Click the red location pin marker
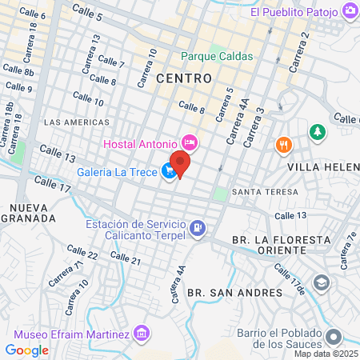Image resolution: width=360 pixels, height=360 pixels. pyautogui.click(x=181, y=164)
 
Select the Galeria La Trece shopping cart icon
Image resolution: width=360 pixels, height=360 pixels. pyautogui.click(x=168, y=171)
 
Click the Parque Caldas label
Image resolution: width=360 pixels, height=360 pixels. pyautogui.click(x=217, y=56)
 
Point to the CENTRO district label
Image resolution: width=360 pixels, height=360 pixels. pyautogui.click(x=184, y=78)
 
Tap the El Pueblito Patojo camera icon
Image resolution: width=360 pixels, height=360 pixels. pyautogui.click(x=350, y=11)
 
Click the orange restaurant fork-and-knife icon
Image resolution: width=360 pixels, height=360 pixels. pyautogui.click(x=282, y=145)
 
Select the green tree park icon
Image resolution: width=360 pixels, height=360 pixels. pyautogui.click(x=319, y=131)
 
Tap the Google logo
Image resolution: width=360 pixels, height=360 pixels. pyautogui.click(x=27, y=350)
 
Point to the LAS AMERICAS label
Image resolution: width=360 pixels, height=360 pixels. pyautogui.click(x=77, y=122)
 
